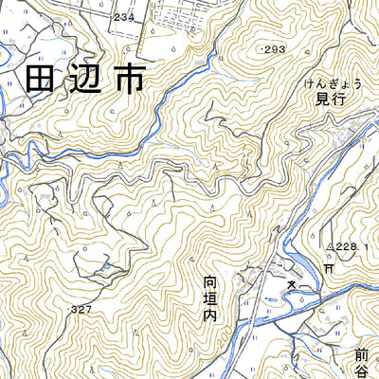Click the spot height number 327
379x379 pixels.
81,310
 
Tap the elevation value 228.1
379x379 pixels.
348,247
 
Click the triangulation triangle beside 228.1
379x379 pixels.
329,247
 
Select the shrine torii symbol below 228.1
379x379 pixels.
328,269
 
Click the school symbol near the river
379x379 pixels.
293,285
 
